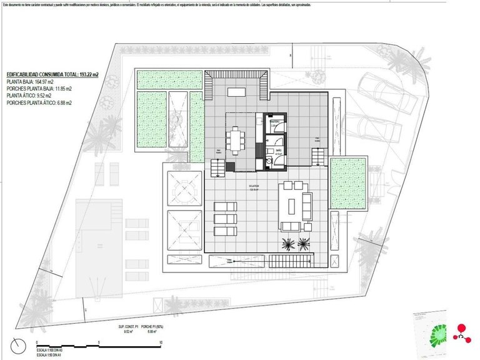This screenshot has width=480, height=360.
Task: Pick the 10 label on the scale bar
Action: tap(161, 343)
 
